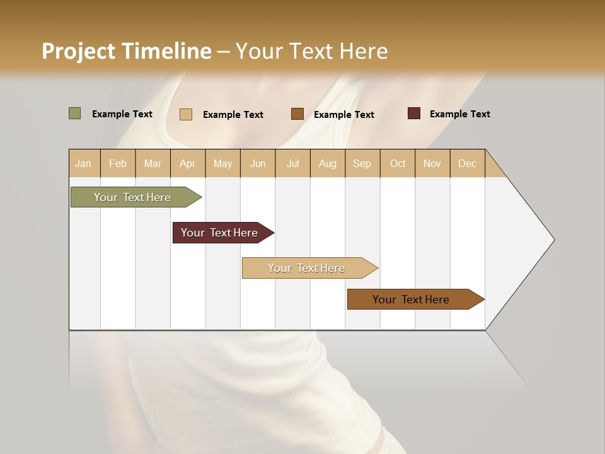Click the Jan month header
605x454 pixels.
[x=83, y=163]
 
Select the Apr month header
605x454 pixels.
[x=188, y=163]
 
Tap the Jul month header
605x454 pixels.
[x=292, y=163]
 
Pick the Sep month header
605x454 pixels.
[x=362, y=163]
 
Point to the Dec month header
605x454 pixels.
[x=467, y=163]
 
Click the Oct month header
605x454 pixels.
[x=398, y=163]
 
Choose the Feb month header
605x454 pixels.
[x=118, y=163]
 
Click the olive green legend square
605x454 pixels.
[x=74, y=113]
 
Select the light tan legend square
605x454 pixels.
[x=186, y=114]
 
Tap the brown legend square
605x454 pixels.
[x=297, y=114]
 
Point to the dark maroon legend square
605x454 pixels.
[x=413, y=113]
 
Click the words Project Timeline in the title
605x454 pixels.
[x=127, y=51]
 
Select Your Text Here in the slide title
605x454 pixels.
[x=312, y=51]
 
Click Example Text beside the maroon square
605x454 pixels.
[x=459, y=114]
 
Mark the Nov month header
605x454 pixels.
[x=432, y=163]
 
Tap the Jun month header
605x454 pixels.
[x=258, y=163]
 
